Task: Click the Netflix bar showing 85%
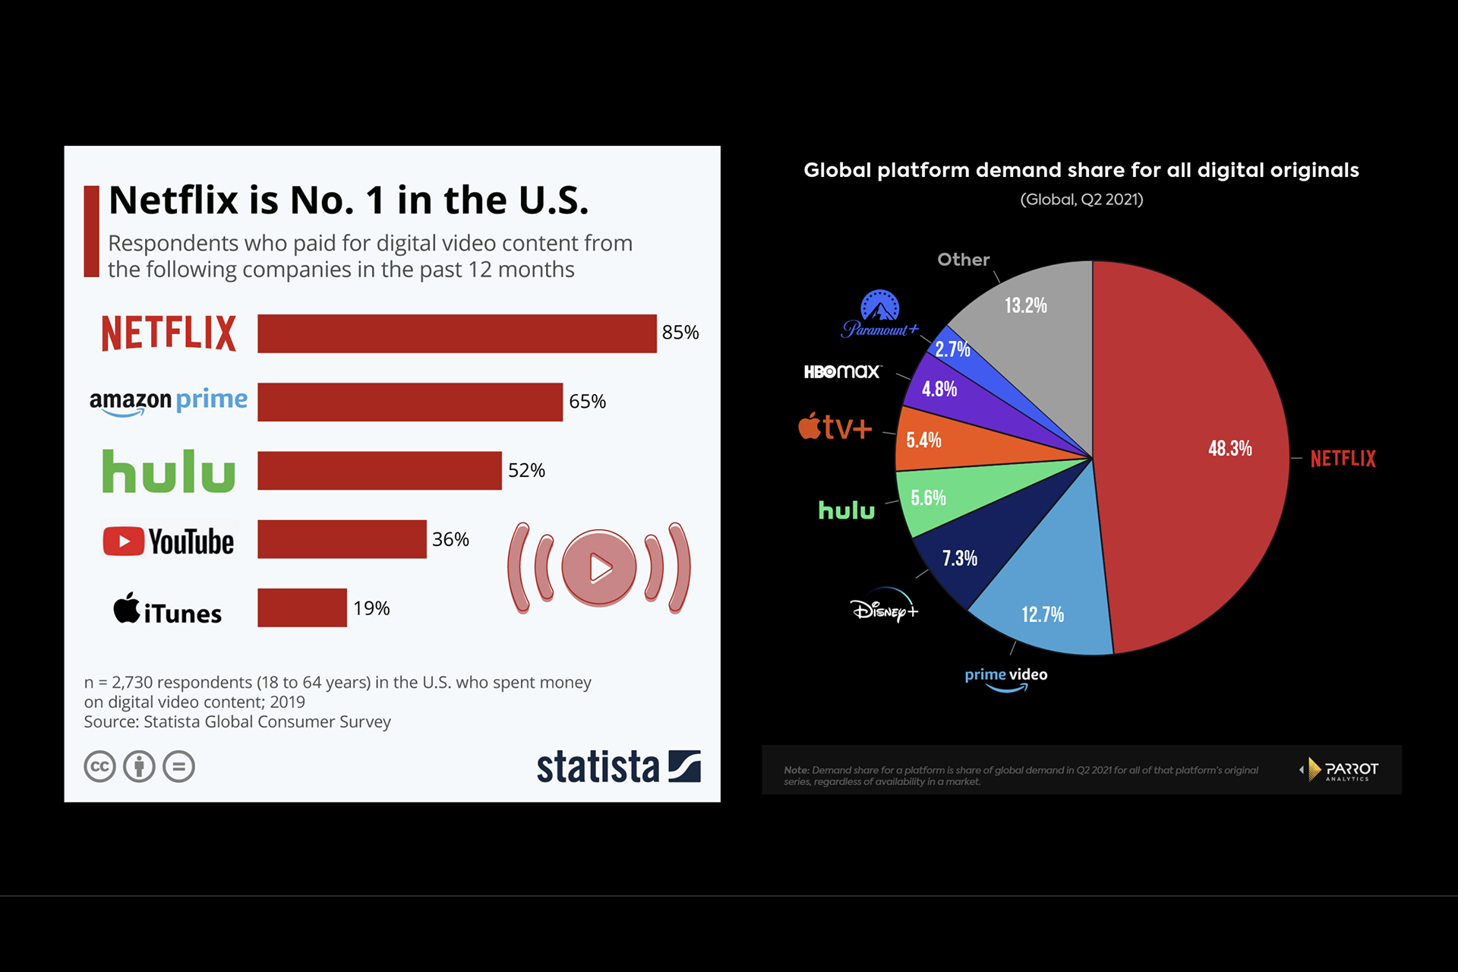(456, 333)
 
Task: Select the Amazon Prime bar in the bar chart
(410, 402)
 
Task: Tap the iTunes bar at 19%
(301, 607)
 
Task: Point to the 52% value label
(526, 471)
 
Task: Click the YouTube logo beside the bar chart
(169, 541)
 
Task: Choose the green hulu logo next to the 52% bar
(169, 471)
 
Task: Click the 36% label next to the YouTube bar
(450, 539)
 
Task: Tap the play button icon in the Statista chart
(599, 567)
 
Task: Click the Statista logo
(618, 766)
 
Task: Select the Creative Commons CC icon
(99, 766)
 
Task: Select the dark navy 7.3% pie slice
(964, 554)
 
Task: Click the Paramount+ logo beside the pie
(879, 314)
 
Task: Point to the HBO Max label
(842, 371)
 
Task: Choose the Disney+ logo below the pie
(884, 607)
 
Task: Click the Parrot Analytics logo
(1340, 770)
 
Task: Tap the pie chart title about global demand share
(1081, 170)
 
